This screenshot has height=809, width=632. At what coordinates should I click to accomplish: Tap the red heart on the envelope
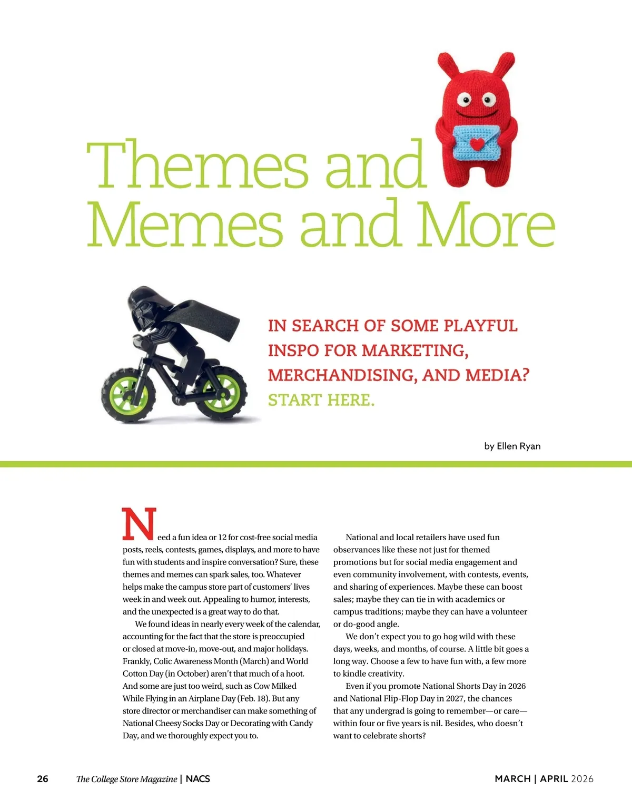476,143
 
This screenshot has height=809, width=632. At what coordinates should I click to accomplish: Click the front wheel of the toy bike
225,394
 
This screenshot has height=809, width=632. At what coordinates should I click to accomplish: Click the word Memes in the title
185,224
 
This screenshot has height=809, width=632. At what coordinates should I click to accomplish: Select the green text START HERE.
321,400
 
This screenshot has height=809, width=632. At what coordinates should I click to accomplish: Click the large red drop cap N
139,524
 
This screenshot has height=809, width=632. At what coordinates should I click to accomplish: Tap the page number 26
43,779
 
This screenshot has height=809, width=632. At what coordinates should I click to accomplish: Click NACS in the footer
198,779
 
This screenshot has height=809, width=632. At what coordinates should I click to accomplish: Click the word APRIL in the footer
554,779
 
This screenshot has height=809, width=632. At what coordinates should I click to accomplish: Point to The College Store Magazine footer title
126,779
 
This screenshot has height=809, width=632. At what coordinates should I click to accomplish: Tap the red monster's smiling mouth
476,114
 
